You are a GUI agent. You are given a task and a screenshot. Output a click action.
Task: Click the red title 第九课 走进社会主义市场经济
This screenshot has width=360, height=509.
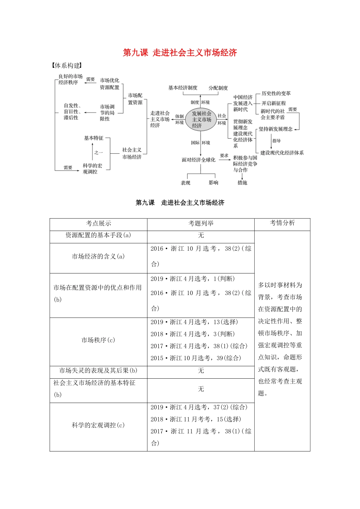coord(180,53)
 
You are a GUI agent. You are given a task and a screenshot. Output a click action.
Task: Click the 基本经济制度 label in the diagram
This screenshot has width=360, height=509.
coord(183,88)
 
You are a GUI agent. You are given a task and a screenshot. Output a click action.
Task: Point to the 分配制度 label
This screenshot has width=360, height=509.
coord(218,88)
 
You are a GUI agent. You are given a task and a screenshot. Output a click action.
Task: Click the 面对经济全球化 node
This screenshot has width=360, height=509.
coord(198,160)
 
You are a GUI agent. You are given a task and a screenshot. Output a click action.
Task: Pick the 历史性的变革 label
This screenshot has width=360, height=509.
coord(276,94)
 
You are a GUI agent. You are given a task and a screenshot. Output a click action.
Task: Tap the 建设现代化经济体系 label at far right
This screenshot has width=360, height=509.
coord(282,153)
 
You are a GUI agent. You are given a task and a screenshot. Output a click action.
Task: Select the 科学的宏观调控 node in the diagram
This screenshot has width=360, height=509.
coord(92,169)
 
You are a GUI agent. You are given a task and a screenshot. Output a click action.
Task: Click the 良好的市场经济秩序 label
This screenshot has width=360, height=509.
coord(70,79)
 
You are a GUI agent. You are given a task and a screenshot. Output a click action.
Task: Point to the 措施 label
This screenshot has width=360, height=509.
coord(242,183)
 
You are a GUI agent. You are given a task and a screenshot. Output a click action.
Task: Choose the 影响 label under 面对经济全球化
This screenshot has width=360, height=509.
coord(213,183)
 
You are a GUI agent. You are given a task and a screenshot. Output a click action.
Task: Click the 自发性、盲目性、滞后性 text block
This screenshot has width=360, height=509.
coord(72,112)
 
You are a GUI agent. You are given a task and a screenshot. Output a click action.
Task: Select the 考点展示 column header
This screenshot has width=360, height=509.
coord(99,223)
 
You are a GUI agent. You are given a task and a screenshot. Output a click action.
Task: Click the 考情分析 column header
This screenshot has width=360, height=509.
coord(282,223)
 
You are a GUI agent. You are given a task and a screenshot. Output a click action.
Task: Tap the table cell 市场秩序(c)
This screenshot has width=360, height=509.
coord(98,340)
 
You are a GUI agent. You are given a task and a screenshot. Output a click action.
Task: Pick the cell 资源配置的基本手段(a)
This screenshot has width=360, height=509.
coord(98,235)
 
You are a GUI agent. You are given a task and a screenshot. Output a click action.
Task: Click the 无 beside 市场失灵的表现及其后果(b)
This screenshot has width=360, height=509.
coord(201,370)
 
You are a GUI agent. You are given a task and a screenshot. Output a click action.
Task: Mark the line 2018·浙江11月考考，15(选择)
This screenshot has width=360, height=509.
coord(196,419)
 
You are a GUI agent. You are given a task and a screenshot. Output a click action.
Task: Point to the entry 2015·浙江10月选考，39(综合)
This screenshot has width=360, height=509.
coord(196,358)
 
